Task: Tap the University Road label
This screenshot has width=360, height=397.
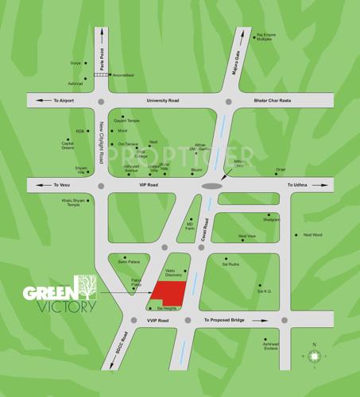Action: click(x=164, y=101)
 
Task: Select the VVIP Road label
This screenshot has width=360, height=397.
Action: click(x=158, y=320)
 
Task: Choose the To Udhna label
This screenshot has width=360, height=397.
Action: click(x=296, y=185)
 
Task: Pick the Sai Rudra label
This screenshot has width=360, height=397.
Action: click(x=231, y=265)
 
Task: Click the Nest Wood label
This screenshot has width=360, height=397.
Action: click(x=312, y=235)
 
